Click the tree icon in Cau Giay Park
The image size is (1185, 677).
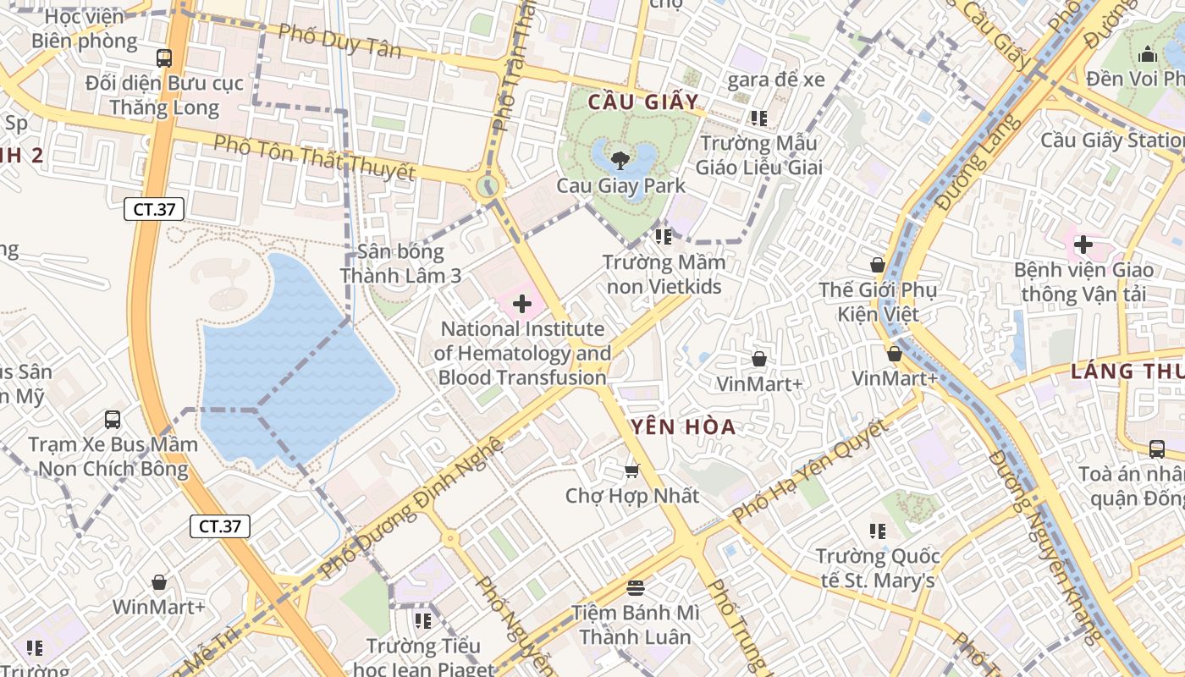click(620, 159)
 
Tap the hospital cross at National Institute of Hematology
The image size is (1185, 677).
click(522, 303)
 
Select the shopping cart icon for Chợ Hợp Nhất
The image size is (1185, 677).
click(631, 470)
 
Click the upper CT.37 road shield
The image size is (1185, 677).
click(154, 209)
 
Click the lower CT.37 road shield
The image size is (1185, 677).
click(220, 526)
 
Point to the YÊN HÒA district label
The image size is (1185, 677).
click(682, 427)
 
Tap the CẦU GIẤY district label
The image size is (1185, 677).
click(644, 103)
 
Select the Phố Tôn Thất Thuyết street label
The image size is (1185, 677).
click(314, 158)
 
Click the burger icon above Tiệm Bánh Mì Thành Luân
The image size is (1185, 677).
click(636, 587)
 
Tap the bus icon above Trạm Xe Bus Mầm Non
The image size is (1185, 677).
click(112, 419)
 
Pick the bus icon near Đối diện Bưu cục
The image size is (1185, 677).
click(164, 58)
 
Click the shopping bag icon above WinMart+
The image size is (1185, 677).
click(158, 582)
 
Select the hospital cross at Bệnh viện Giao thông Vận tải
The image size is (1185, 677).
click(1083, 245)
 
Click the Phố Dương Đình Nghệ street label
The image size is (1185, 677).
click(413, 508)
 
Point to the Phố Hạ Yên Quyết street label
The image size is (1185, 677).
click(810, 471)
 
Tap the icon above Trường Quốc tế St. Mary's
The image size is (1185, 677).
click(878, 531)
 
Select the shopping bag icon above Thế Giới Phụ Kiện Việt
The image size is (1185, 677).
click(878, 265)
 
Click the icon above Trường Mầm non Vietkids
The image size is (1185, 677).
click(664, 237)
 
